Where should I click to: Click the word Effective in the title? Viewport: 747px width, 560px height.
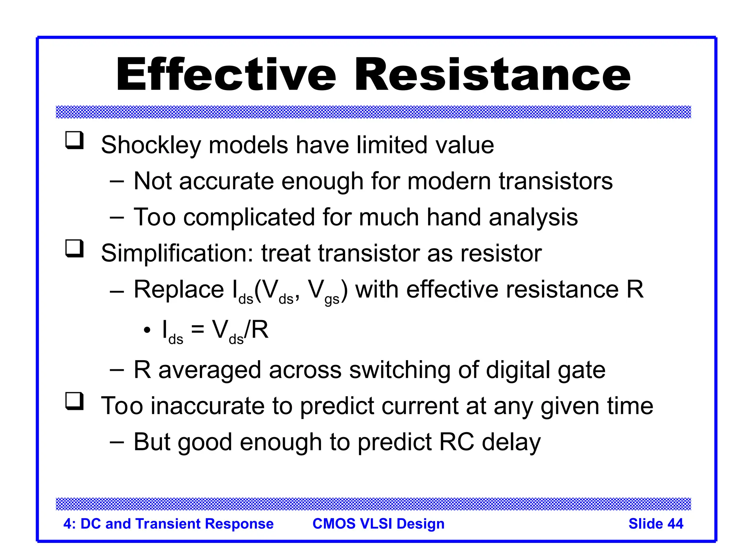tap(226, 75)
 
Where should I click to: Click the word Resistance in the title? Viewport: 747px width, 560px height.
tap(492, 75)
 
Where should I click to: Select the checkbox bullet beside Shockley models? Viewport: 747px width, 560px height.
tap(74, 140)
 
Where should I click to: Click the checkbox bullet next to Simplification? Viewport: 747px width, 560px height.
tap(74, 249)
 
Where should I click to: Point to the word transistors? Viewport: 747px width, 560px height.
tap(556, 181)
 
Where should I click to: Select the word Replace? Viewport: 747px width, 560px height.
tap(179, 290)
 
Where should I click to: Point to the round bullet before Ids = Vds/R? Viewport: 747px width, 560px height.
tap(147, 330)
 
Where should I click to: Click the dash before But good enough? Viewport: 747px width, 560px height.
tap(117, 442)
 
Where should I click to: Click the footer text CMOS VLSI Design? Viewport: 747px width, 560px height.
tap(378, 524)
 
